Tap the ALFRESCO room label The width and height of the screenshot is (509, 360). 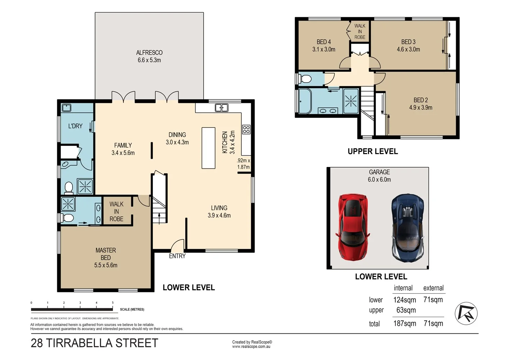[149, 53]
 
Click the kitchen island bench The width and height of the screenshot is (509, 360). [208, 148]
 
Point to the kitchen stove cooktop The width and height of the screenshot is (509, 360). [246, 130]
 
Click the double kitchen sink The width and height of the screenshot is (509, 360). [221, 108]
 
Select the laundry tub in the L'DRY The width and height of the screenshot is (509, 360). [67, 108]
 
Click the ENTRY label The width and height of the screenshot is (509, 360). [177, 256]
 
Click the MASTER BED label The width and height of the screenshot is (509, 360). [106, 254]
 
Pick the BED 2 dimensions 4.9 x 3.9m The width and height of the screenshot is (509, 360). [421, 108]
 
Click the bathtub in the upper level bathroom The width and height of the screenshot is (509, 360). [305, 101]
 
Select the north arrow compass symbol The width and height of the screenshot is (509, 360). [466, 313]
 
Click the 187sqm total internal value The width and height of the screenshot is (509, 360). [405, 323]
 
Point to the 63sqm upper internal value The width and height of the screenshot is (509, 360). [406, 310]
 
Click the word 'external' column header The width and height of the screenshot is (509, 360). [433, 288]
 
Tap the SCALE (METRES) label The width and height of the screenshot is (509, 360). [132, 309]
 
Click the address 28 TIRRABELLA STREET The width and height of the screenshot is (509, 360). [95, 343]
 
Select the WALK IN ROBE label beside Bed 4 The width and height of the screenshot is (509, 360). [360, 31]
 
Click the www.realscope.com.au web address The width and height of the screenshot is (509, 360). [251, 347]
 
